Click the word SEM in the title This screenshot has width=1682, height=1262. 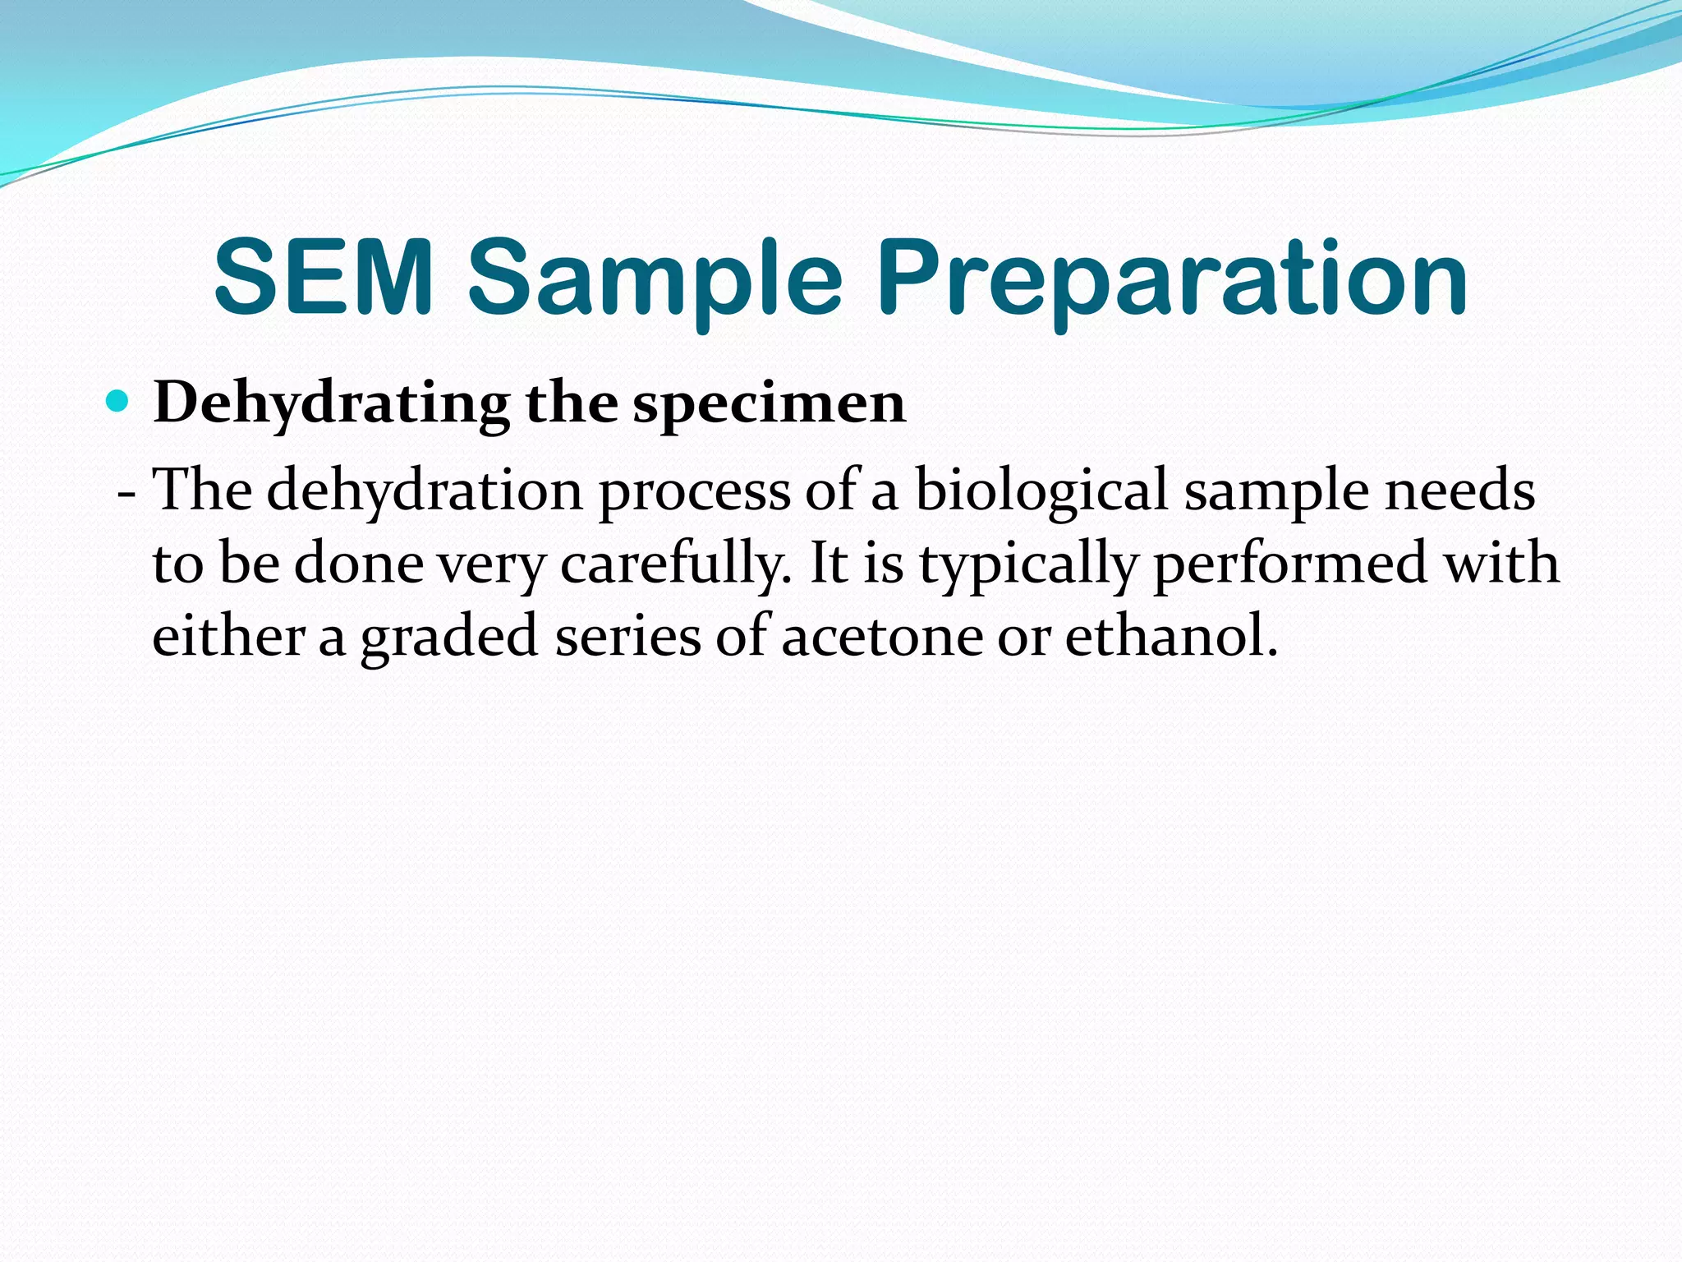click(x=324, y=278)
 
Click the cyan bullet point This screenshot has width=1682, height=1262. click(x=119, y=402)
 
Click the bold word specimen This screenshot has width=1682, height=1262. click(x=770, y=404)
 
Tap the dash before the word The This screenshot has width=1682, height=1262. click(x=126, y=493)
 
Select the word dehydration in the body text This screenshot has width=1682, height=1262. click(x=424, y=491)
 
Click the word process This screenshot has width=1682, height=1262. click(x=694, y=491)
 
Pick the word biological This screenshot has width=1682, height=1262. click(x=1041, y=491)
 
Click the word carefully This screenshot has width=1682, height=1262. click(x=677, y=565)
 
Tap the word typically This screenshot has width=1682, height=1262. click(x=1027, y=565)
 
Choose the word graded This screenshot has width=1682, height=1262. click(x=449, y=638)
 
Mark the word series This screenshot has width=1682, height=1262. click(x=627, y=636)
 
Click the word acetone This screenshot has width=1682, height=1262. click(x=881, y=638)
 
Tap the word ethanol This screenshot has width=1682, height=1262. click(x=1171, y=636)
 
